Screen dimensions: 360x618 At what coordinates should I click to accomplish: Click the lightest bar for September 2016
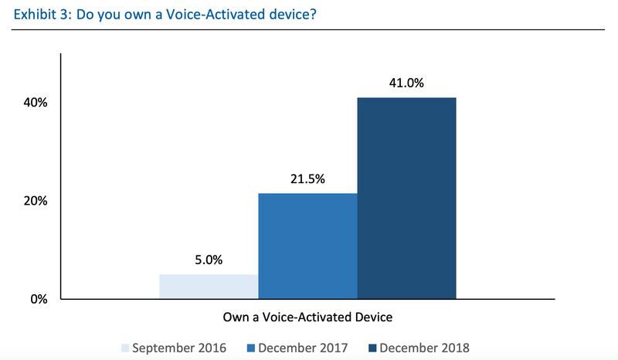pyautogui.click(x=209, y=287)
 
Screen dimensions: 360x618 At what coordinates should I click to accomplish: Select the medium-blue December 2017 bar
pyautogui.click(x=307, y=246)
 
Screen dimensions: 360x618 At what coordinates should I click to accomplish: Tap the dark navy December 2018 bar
pyautogui.click(x=406, y=198)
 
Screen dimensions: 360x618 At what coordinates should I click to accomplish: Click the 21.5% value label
pyautogui.click(x=307, y=179)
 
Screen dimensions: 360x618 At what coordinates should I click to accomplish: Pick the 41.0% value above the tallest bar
pyautogui.click(x=406, y=83)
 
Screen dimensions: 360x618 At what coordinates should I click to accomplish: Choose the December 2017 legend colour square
pyautogui.click(x=251, y=348)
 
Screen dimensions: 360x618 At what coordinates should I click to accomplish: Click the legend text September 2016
pyautogui.click(x=180, y=348)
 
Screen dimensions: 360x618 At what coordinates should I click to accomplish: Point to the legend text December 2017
pyautogui.click(x=303, y=348)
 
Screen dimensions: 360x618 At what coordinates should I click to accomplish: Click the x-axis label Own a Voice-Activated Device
pyautogui.click(x=307, y=317)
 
